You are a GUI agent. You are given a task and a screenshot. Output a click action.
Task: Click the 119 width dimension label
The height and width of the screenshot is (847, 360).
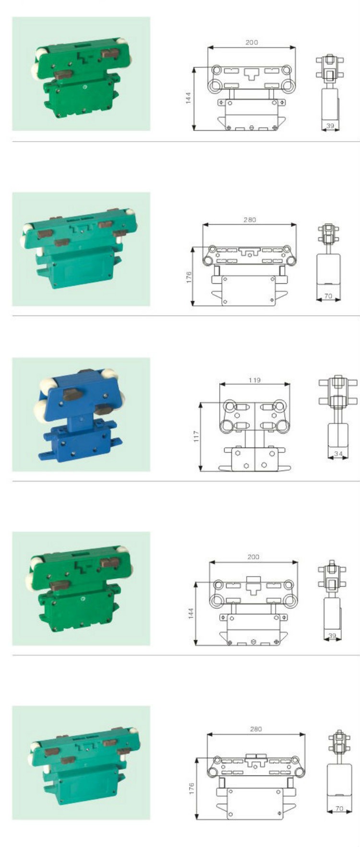click(254, 380)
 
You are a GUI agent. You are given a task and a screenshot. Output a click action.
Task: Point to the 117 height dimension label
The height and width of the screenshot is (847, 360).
click(196, 436)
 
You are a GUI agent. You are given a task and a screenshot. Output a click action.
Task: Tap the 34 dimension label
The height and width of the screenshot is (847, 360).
click(338, 453)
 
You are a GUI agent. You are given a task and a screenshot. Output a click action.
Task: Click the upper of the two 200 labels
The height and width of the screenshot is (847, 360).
click(252, 42)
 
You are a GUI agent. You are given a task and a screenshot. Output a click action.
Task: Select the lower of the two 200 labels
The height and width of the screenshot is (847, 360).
click(253, 557)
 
